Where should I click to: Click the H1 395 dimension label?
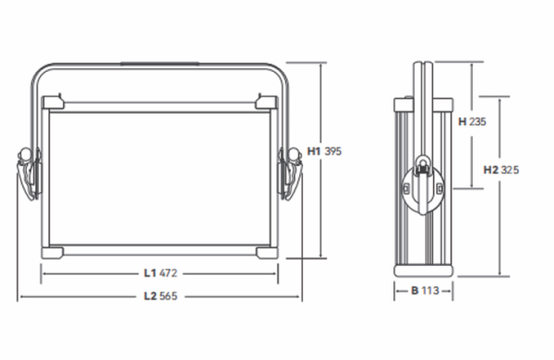point(324,151)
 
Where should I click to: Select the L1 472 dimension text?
point(161,273)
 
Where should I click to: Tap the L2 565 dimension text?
point(161,296)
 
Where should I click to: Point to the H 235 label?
point(472,122)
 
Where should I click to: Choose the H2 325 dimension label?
point(501,170)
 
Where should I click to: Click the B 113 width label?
point(425,291)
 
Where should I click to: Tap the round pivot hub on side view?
point(423,189)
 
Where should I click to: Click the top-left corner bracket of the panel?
point(53,102)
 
